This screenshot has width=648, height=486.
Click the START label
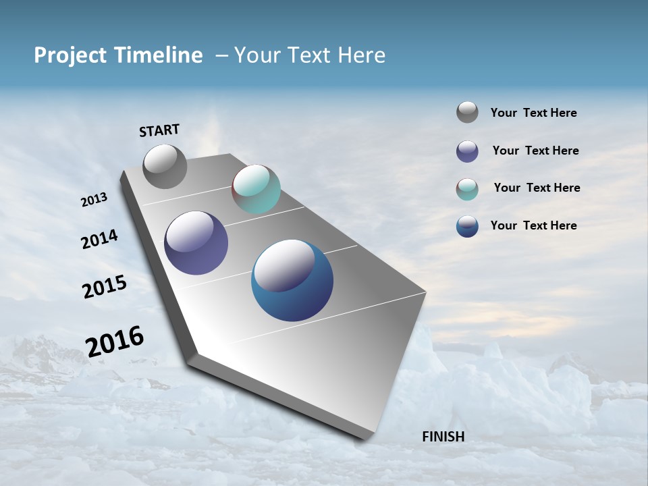coord(159,130)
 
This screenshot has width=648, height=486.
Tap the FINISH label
coord(443,437)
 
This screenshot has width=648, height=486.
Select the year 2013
coord(94,200)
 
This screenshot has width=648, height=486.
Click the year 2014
coord(99,239)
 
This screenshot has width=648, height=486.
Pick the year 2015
coord(105,286)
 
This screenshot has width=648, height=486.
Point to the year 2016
coord(115,341)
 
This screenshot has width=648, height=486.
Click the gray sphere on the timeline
coord(165,167)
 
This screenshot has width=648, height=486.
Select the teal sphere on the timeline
coord(256,189)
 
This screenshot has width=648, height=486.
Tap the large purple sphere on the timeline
coord(196,243)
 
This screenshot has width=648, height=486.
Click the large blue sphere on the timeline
coord(292,280)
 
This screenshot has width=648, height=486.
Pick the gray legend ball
coord(467,112)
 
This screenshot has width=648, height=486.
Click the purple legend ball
coord(467,151)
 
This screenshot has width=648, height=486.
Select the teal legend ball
coord(467,189)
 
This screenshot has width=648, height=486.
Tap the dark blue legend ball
coord(467,226)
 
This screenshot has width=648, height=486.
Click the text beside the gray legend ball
coord(533,113)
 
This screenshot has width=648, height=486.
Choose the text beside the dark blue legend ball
coord(533,225)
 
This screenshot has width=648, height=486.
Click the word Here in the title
coord(361,55)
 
